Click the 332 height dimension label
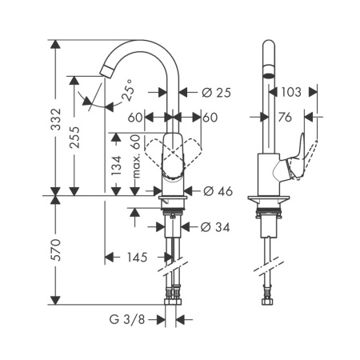(56, 119)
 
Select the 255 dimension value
(74, 137)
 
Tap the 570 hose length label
(56, 250)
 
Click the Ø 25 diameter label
(216, 93)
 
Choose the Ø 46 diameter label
(218, 191)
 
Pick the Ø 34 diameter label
(215, 227)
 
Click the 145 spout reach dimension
(137, 258)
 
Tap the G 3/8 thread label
(127, 319)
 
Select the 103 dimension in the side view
(291, 92)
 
